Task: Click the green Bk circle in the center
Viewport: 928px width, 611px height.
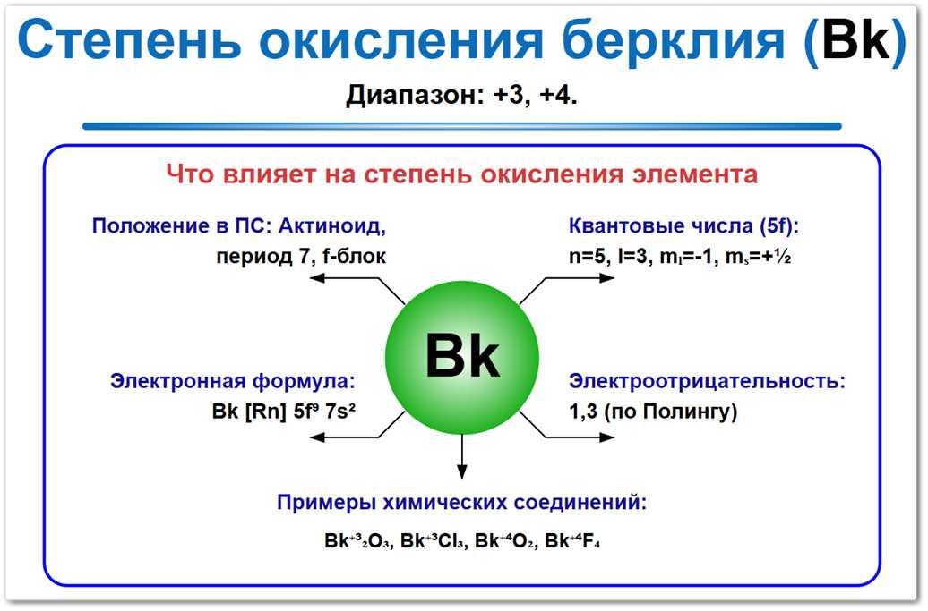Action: (x=462, y=356)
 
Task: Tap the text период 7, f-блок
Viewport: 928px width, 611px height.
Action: (x=301, y=256)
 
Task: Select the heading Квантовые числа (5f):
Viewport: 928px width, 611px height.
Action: (x=683, y=225)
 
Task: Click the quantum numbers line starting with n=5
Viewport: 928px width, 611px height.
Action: (x=679, y=256)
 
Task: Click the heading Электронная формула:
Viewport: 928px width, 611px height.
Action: (x=233, y=381)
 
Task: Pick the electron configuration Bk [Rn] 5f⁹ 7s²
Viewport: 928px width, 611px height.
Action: (x=290, y=412)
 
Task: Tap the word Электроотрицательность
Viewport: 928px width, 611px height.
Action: (x=705, y=381)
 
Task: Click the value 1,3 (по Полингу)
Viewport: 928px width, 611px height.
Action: (x=653, y=412)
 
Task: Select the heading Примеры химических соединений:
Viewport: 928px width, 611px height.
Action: (x=462, y=503)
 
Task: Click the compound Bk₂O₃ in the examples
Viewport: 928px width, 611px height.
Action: (x=357, y=541)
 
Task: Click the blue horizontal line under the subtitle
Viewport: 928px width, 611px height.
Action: (x=462, y=126)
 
